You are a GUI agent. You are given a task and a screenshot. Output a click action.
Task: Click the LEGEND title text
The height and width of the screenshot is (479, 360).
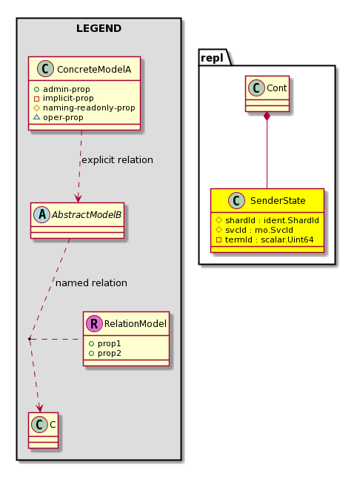[x=99, y=28]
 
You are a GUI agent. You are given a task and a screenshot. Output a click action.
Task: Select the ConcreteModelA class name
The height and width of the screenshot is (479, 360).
[x=94, y=70]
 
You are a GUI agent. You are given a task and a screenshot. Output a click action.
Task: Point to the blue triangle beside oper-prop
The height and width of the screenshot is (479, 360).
[x=36, y=117]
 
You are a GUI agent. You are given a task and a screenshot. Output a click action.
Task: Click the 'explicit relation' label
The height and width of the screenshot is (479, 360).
[x=118, y=160]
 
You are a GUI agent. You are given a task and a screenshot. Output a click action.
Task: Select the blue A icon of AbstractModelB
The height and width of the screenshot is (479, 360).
[x=41, y=215]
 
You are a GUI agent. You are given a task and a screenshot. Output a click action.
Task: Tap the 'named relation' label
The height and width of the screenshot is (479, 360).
[x=91, y=283]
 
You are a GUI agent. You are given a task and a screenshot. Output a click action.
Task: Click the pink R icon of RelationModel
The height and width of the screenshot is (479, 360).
[x=94, y=324]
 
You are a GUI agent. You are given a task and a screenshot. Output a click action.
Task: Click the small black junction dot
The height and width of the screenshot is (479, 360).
[x=30, y=339]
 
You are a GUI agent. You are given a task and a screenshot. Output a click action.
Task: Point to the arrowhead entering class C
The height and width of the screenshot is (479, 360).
[x=39, y=408]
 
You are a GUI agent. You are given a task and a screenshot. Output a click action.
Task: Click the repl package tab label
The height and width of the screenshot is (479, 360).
[x=212, y=58]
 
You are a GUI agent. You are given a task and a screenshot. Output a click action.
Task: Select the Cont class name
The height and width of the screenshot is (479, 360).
[x=277, y=88]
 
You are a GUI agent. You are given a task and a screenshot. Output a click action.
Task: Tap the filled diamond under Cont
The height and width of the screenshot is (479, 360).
[x=267, y=116]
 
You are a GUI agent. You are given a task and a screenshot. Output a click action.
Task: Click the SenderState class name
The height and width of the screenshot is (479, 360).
[x=278, y=201]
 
